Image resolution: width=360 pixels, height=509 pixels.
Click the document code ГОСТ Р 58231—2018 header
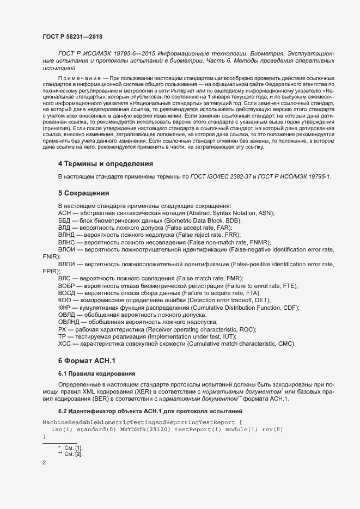[72, 36]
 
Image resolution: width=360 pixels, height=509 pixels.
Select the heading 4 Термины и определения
[105, 164]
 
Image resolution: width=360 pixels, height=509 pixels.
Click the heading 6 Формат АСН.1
[87, 361]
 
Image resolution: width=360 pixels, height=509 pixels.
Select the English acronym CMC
[284, 344]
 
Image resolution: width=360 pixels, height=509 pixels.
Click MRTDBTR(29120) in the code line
[145, 430]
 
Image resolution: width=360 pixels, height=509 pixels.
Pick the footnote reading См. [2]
[74, 453]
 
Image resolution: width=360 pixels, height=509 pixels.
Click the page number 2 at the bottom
[44, 463]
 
